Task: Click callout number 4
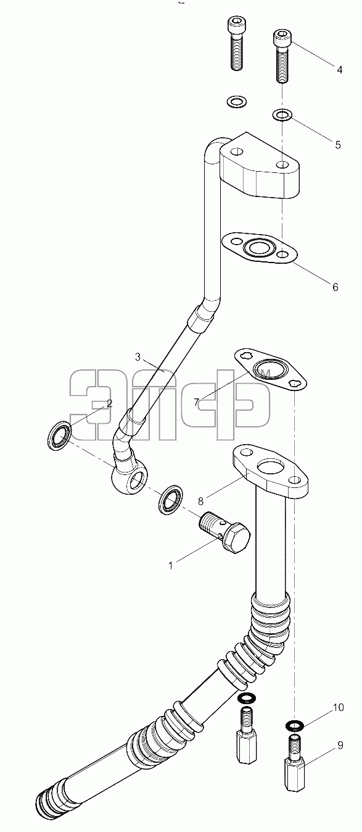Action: click(339, 69)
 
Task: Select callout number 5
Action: click(337, 145)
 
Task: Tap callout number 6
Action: click(335, 287)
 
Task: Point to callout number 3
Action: click(138, 357)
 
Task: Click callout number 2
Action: click(109, 403)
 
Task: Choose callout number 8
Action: click(200, 501)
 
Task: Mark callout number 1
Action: click(171, 565)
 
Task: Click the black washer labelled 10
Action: click(295, 725)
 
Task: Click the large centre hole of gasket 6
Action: click(258, 246)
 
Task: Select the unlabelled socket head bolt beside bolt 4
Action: click(236, 43)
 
